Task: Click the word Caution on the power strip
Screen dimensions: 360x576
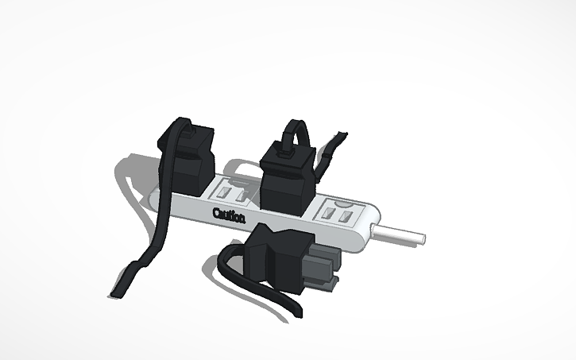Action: pyautogui.click(x=230, y=215)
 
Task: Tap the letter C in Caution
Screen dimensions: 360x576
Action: pyautogui.click(x=217, y=212)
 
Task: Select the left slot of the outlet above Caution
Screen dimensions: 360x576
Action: pyautogui.click(x=223, y=192)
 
